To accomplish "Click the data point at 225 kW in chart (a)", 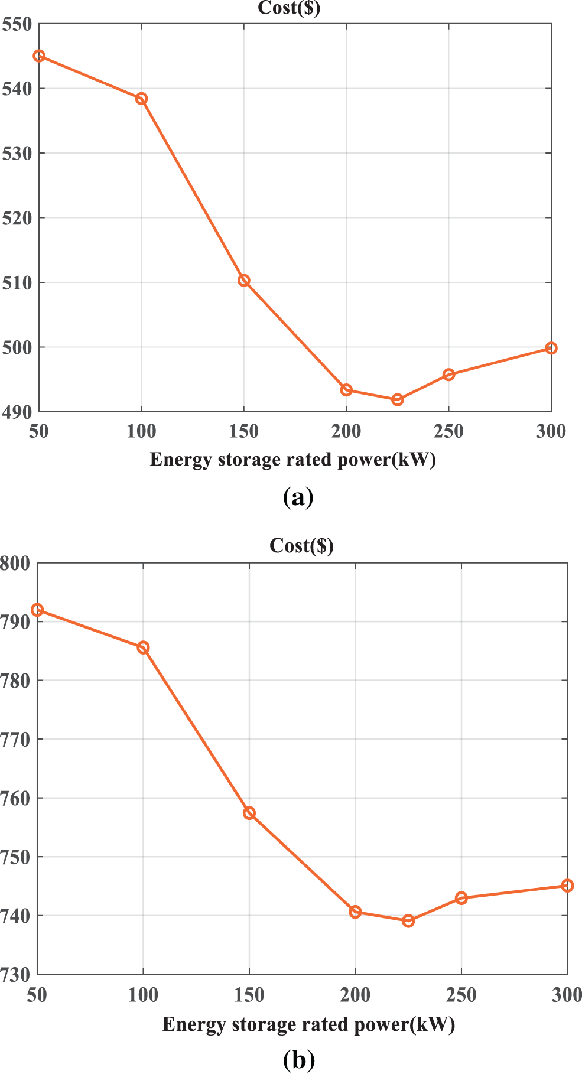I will (398, 400).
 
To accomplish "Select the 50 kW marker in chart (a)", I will (39, 56).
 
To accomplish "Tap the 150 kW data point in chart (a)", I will (244, 281).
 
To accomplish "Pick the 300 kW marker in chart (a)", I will (551, 349).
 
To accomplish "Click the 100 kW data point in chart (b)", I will (143, 647).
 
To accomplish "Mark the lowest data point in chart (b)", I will (408, 921).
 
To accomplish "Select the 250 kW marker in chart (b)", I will (461, 899).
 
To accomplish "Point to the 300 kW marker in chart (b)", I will (567, 886).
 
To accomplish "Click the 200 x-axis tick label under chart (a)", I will (346, 432).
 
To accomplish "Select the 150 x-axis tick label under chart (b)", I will (249, 995).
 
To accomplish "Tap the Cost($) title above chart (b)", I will (301, 545).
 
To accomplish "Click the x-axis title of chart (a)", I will (292, 460).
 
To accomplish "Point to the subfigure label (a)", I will (298, 497).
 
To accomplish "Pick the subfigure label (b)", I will (299, 1060).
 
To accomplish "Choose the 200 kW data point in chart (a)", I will (347, 390).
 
